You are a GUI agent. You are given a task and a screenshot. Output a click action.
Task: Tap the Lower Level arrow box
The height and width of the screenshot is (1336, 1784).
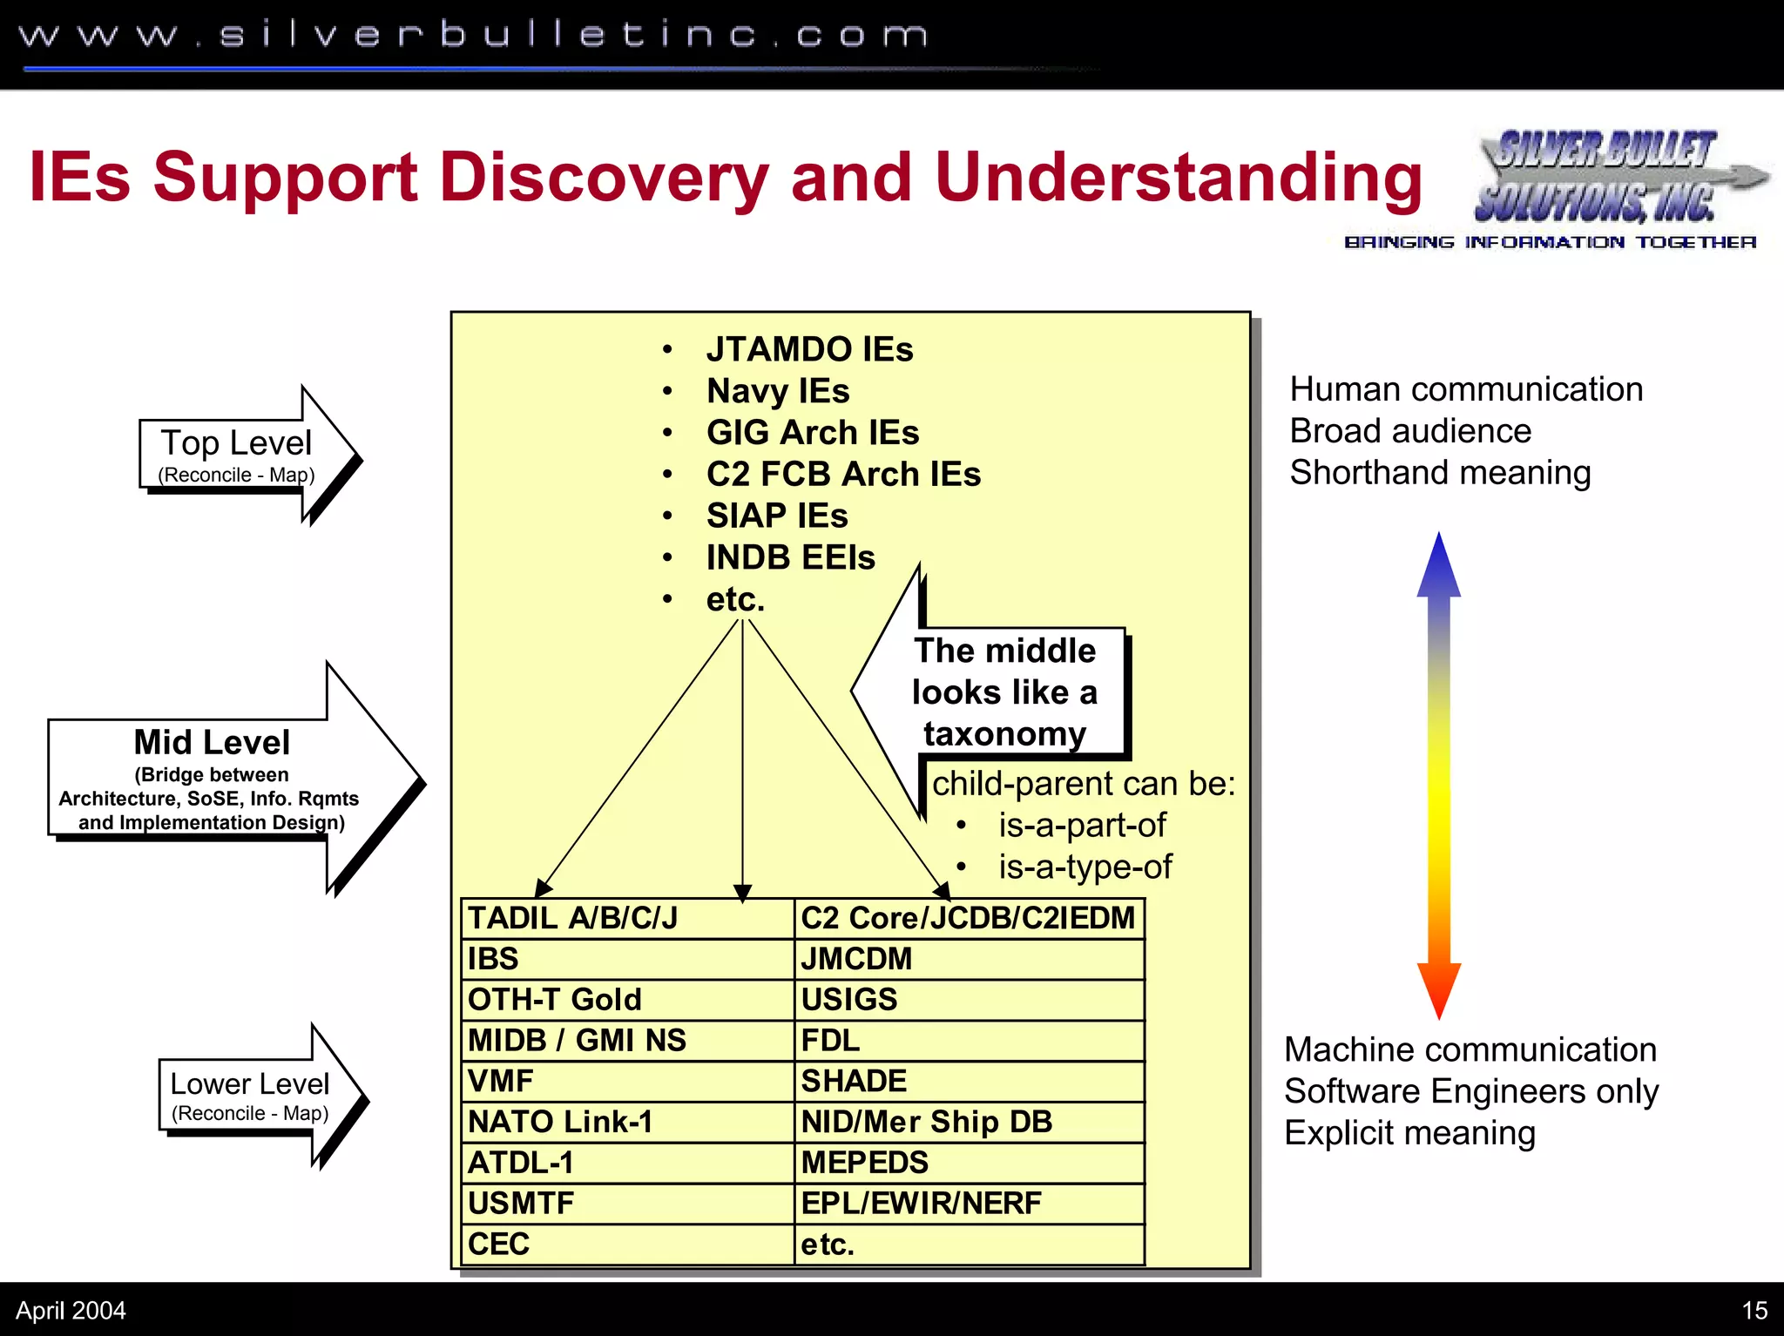tap(250, 1096)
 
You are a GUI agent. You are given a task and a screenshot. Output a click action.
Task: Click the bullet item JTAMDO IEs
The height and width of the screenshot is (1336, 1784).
tap(809, 349)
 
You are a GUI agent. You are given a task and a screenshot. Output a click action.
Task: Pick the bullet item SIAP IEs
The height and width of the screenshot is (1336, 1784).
tap(777, 516)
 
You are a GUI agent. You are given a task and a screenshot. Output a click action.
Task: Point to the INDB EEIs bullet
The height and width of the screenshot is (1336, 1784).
tap(790, 557)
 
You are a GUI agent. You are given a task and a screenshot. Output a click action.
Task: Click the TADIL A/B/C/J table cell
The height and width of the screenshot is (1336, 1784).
tap(625, 918)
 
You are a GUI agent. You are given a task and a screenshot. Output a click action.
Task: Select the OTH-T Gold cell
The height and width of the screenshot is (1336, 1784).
tap(625, 1000)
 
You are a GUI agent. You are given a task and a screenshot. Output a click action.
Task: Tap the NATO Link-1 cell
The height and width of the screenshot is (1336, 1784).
tap(625, 1122)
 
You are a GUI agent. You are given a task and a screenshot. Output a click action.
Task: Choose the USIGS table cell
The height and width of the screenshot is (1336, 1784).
tap(969, 1000)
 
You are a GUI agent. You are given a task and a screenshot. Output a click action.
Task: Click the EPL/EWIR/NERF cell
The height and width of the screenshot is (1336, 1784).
tap(969, 1204)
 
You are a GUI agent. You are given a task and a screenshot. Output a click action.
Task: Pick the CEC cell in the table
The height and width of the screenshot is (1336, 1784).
tap(625, 1244)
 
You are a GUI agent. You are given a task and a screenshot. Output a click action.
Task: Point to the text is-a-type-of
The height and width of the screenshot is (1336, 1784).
tap(1085, 867)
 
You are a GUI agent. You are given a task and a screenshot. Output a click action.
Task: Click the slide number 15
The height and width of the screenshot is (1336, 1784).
tap(1754, 1310)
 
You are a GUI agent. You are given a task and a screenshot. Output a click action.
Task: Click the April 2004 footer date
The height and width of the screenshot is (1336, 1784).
tap(71, 1310)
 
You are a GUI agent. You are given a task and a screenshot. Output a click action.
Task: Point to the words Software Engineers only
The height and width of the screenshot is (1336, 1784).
tap(1470, 1091)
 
